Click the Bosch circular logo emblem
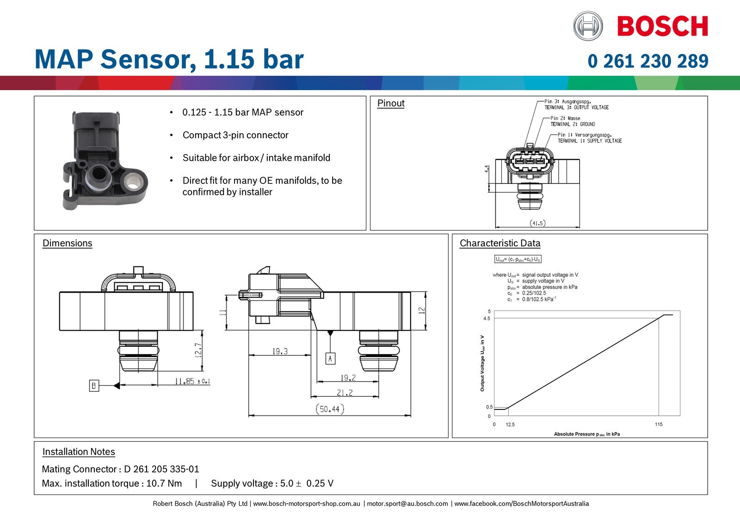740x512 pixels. [x=588, y=26]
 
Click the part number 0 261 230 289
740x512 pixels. [x=647, y=61]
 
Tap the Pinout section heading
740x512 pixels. [x=391, y=104]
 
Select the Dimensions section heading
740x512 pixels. [x=68, y=244]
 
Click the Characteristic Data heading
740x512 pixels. [x=499, y=244]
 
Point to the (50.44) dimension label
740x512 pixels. [x=330, y=409]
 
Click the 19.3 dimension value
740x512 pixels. [x=280, y=351]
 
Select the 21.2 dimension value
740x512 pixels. [x=345, y=392]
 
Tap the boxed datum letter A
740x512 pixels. [x=330, y=358]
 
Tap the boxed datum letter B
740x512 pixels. [x=94, y=385]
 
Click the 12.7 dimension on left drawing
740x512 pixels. [x=198, y=350]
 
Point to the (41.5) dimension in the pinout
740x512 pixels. [x=537, y=223]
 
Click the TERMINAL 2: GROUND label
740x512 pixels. [x=573, y=124]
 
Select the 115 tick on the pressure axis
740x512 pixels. [x=659, y=424]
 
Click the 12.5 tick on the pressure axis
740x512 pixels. [x=510, y=424]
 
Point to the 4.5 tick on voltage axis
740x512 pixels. [x=486, y=318]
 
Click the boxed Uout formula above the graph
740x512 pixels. [x=518, y=259]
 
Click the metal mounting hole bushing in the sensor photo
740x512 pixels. [x=134, y=179]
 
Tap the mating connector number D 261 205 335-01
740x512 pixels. [x=161, y=469]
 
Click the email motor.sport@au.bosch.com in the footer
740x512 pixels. [x=407, y=504]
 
